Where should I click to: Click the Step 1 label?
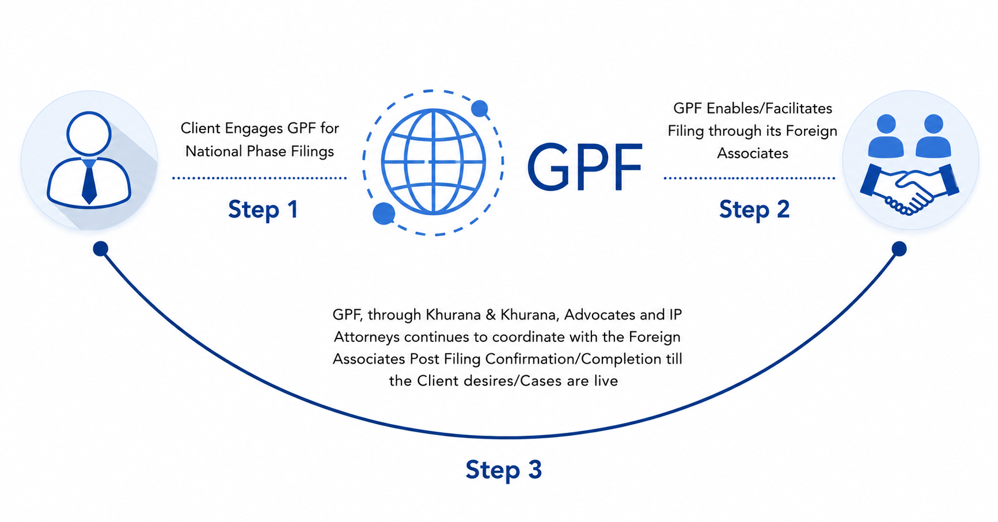click(263, 209)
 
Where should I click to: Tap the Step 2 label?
click(754, 209)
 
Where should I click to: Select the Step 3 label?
click(504, 470)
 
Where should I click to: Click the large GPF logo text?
click(585, 167)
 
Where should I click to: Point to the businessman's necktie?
click(89, 181)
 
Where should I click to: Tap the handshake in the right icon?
click(909, 189)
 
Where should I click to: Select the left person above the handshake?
click(886, 136)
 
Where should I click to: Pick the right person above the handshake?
click(933, 136)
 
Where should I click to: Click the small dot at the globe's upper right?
click(480, 108)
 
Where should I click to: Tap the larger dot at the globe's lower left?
click(384, 214)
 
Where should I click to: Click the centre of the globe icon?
click(434, 162)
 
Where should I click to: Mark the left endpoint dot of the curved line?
click(101, 249)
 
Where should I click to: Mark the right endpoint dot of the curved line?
click(899, 249)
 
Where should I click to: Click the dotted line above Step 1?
click(259, 178)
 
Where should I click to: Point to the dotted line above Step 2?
click(749, 178)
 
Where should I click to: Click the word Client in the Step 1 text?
click(200, 128)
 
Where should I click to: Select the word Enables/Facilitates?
click(769, 108)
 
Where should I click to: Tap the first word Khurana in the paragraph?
click(453, 315)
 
